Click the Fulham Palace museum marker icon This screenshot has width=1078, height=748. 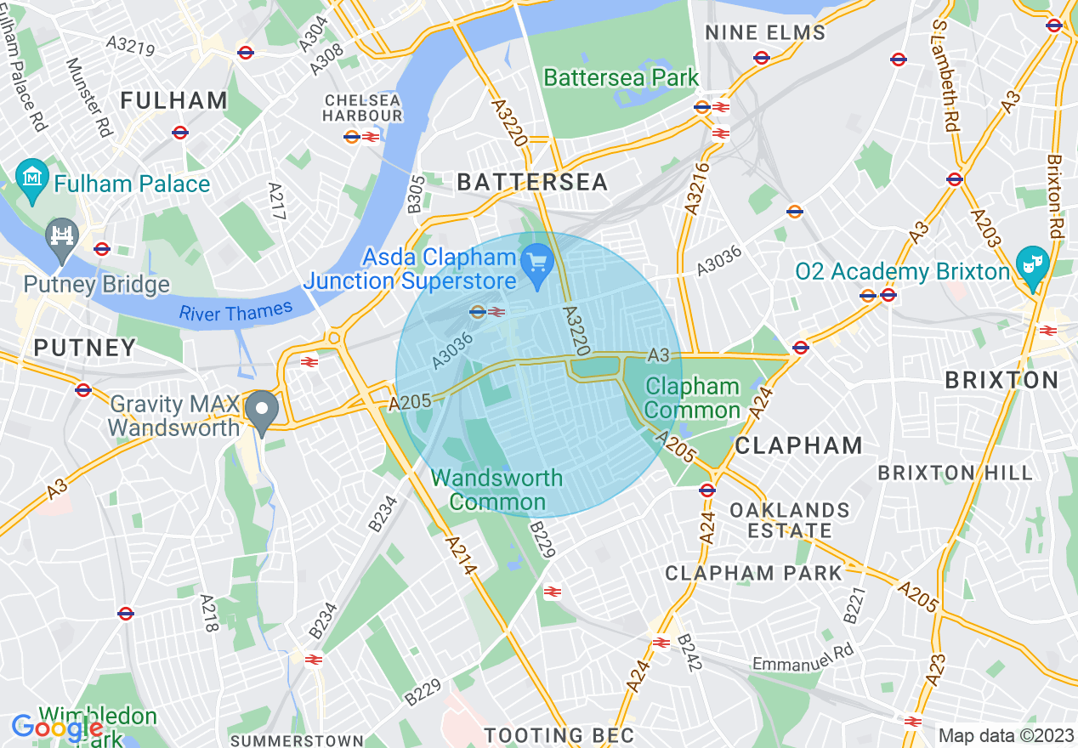pyautogui.click(x=33, y=178)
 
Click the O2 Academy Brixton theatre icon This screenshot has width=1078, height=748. pyautogui.click(x=1033, y=262)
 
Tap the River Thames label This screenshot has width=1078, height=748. pyautogui.click(x=235, y=312)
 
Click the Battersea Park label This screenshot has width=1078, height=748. pyautogui.click(x=621, y=77)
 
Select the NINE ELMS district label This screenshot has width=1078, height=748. pyautogui.click(x=765, y=33)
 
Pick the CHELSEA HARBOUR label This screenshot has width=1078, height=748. pyautogui.click(x=363, y=108)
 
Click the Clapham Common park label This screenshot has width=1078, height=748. pyautogui.click(x=693, y=399)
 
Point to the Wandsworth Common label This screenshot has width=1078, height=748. pyautogui.click(x=497, y=490)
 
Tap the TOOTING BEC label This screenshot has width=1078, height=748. pyautogui.click(x=559, y=735)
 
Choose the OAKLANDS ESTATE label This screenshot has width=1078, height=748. pyautogui.click(x=790, y=520)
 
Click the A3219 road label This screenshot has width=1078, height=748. pyautogui.click(x=130, y=46)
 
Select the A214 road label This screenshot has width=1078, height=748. pyautogui.click(x=457, y=554)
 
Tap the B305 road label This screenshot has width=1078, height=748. pyautogui.click(x=414, y=194)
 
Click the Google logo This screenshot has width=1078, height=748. pyautogui.click(x=57, y=728)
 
